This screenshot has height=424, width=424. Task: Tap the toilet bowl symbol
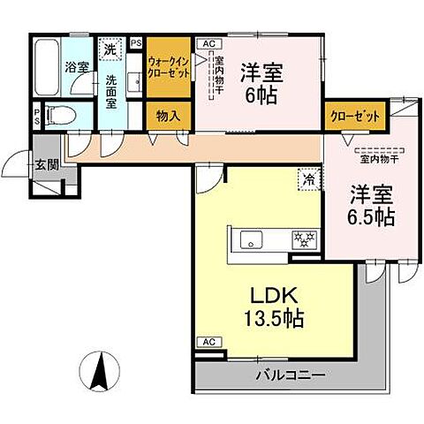pyautogui.click(x=59, y=114)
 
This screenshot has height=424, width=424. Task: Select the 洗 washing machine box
pyautogui.click(x=110, y=50)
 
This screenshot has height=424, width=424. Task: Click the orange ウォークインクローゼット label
pyautogui.click(x=168, y=66)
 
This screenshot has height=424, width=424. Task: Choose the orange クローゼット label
pyautogui.click(x=354, y=116)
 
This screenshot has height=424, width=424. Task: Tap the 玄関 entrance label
pyautogui.click(x=45, y=163)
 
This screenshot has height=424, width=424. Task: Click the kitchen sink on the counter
pyautogui.click(x=248, y=238)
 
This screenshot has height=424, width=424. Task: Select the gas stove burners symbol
pyautogui.click(x=303, y=238)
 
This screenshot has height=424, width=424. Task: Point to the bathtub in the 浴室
pyautogui.click(x=47, y=66)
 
